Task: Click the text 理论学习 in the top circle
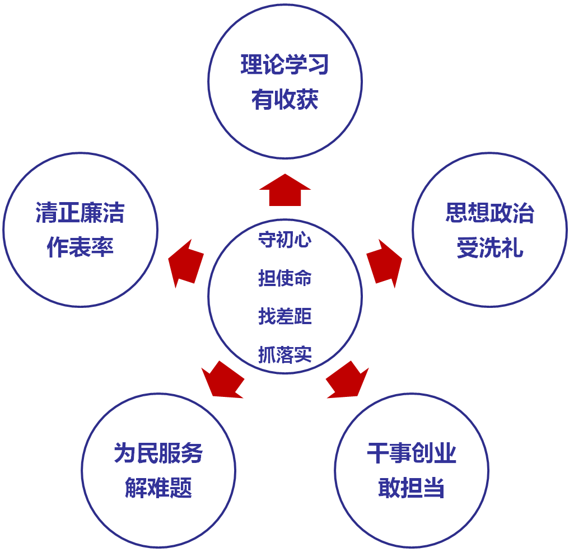coord(285,65)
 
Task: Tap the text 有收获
coord(285,101)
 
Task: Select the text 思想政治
coord(490,213)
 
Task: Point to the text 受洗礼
coord(490,248)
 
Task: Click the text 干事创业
coord(412,453)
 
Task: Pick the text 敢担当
coord(412,488)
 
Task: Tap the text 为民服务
coord(158,453)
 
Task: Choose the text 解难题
coord(158,488)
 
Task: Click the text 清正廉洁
coord(80,213)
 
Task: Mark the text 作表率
coord(80,248)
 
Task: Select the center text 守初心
coord(284,240)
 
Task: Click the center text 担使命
coord(284,278)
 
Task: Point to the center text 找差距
coord(284,316)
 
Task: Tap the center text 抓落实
coord(284,354)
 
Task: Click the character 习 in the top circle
coord(318,65)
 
